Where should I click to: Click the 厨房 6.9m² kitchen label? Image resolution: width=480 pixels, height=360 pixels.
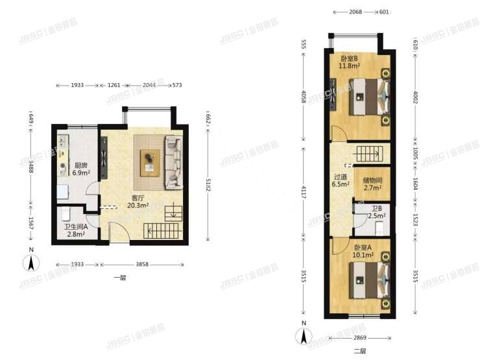[80, 169]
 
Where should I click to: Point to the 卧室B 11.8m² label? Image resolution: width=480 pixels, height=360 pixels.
[350, 62]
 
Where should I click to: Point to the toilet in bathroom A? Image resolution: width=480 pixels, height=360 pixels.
[65, 215]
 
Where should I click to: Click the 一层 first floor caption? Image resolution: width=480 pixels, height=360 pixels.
[119, 278]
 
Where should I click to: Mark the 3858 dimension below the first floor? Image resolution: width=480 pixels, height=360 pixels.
[141, 265]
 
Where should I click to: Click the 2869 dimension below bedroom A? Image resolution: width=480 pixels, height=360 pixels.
[363, 339]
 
